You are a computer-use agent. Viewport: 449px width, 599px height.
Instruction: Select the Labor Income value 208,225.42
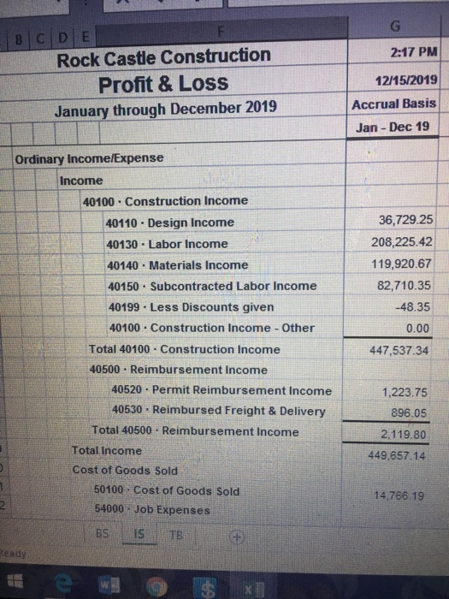click(x=400, y=241)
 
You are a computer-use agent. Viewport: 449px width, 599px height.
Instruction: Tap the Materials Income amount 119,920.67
click(x=401, y=264)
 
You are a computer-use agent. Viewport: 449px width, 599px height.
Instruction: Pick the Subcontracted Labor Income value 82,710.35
click(x=404, y=284)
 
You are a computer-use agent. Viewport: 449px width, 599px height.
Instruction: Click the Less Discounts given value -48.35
click(x=415, y=305)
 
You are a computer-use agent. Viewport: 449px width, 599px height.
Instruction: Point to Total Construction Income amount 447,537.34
click(x=400, y=349)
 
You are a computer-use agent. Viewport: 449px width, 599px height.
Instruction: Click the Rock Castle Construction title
click(x=163, y=57)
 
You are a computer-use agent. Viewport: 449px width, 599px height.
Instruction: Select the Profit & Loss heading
click(x=163, y=83)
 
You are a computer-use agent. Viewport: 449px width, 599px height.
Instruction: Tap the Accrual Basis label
click(x=394, y=104)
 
